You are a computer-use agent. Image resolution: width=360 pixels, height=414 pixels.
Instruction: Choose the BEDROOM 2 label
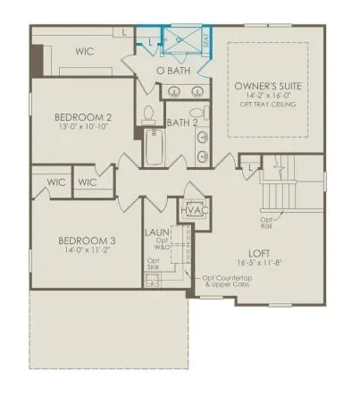[x=83, y=116]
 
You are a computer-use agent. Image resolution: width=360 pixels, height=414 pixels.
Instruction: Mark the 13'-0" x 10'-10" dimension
[x=83, y=128]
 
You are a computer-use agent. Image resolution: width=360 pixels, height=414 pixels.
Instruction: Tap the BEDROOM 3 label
[x=88, y=241]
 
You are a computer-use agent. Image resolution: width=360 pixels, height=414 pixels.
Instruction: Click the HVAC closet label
[x=194, y=210]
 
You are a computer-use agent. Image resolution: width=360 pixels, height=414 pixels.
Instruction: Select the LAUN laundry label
[x=157, y=232]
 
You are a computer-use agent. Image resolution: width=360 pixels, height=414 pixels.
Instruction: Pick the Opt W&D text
[x=162, y=244]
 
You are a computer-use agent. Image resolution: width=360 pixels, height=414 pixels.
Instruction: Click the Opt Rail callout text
[x=266, y=221]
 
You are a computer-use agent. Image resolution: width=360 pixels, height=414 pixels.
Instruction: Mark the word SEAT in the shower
[x=206, y=41]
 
